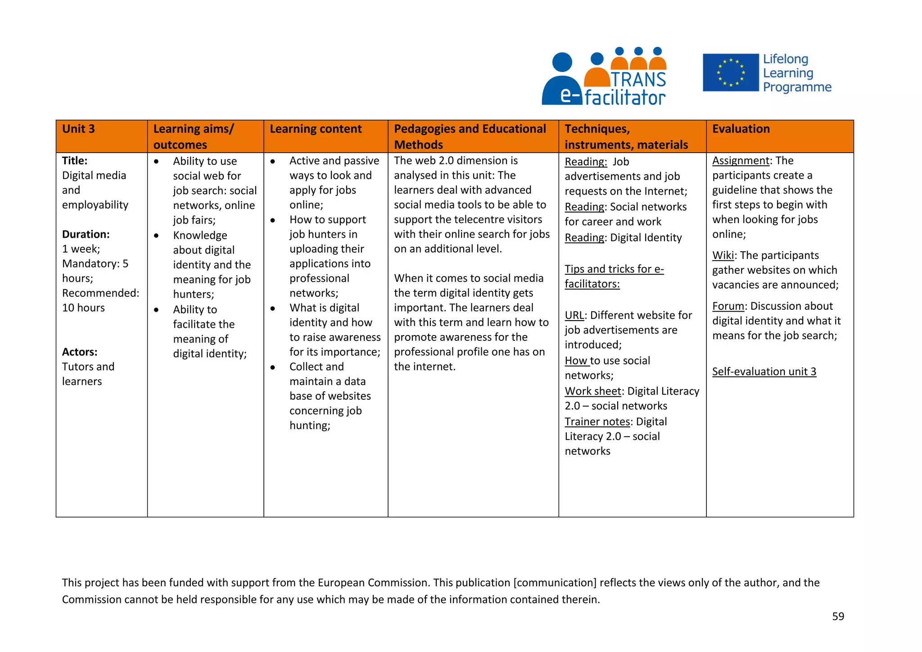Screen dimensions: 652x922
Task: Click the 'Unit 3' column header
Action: (78, 129)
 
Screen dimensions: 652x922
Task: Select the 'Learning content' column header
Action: (316, 129)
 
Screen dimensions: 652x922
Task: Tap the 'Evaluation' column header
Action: (741, 129)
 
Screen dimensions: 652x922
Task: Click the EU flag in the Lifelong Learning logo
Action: (731, 73)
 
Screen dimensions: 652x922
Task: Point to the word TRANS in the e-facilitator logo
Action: (638, 80)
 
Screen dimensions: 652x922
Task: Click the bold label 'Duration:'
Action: (86, 235)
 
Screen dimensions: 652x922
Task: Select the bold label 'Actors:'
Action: (80, 352)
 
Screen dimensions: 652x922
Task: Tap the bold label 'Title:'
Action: (75, 161)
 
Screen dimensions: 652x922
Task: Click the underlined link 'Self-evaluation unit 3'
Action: (764, 372)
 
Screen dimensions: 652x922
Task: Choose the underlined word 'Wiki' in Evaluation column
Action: (723, 256)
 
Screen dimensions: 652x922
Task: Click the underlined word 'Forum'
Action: (728, 307)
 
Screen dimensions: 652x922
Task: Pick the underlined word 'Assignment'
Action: (741, 161)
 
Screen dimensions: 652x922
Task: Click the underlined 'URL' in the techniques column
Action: (574, 316)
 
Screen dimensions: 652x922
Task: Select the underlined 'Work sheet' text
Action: (593, 391)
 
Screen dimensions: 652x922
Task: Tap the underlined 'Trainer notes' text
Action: (597, 422)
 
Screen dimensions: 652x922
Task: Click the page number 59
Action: (838, 616)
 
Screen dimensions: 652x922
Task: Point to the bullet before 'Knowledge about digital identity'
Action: (156, 235)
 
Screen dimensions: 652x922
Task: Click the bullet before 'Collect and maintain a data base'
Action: (273, 367)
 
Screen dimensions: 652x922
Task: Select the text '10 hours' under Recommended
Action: (83, 308)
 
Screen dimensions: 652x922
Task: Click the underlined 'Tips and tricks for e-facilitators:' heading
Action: (614, 270)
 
